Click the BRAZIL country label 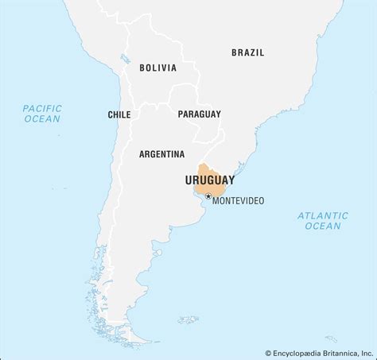[247, 52]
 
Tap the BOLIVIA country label [157, 68]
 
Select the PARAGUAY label [199, 114]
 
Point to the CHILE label [119, 115]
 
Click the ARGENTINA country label [161, 154]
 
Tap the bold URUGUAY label [209, 180]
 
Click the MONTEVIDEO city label [239, 200]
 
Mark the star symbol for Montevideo [208, 195]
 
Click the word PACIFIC [42, 107]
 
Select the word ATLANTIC [322, 215]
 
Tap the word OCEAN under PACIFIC [42, 119]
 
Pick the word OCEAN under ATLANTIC [322, 226]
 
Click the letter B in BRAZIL [234, 52]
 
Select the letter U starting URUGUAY [188, 180]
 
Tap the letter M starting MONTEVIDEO [216, 200]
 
